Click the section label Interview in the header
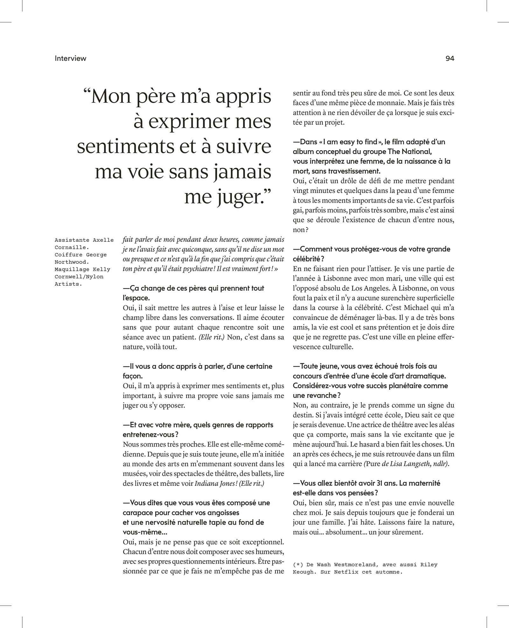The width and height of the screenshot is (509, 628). [x=70, y=58]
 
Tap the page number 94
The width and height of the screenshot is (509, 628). [x=450, y=58]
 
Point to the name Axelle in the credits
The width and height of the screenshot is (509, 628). [x=103, y=240]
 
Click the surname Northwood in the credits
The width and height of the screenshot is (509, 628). [x=72, y=262]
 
